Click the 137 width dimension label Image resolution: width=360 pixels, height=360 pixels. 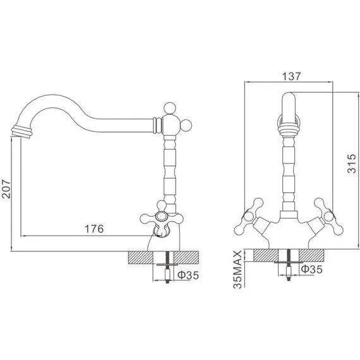click(291, 76)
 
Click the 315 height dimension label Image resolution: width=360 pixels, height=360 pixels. click(352, 164)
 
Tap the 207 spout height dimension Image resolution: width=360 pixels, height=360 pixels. click(6, 189)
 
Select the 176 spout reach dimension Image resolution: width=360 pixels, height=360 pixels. click(94, 229)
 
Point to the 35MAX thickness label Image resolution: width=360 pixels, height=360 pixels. click(237, 269)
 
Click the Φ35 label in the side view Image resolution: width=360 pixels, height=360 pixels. click(188, 275)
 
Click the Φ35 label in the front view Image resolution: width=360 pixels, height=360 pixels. click(312, 269)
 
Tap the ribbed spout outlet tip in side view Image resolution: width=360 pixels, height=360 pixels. click(21, 131)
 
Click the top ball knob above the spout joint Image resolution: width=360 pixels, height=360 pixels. click(170, 108)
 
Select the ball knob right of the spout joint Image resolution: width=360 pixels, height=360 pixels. click(186, 125)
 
